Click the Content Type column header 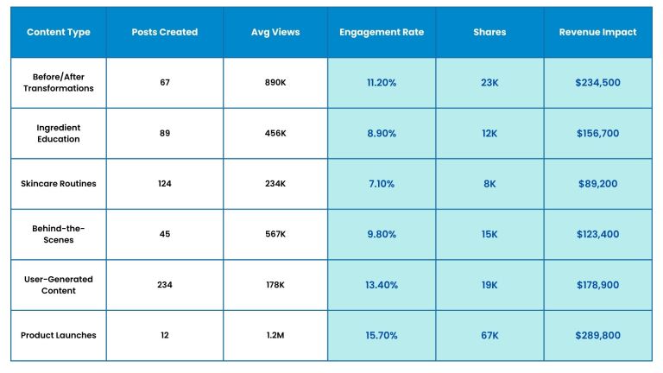(59, 32)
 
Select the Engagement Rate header (382, 32)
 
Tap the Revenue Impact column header (597, 32)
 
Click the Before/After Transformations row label (59, 83)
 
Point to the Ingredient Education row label (59, 133)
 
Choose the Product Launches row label (59, 335)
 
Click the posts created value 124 (164, 184)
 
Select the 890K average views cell (275, 83)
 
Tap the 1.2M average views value (275, 335)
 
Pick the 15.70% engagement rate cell (382, 335)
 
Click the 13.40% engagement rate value (382, 285)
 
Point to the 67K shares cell (489, 335)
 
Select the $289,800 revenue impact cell (597, 335)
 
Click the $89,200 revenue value (597, 184)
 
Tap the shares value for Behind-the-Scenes (489, 234)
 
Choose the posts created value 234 (164, 285)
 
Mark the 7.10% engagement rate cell (382, 184)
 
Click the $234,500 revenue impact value (597, 83)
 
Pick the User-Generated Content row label (59, 285)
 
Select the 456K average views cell (275, 133)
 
